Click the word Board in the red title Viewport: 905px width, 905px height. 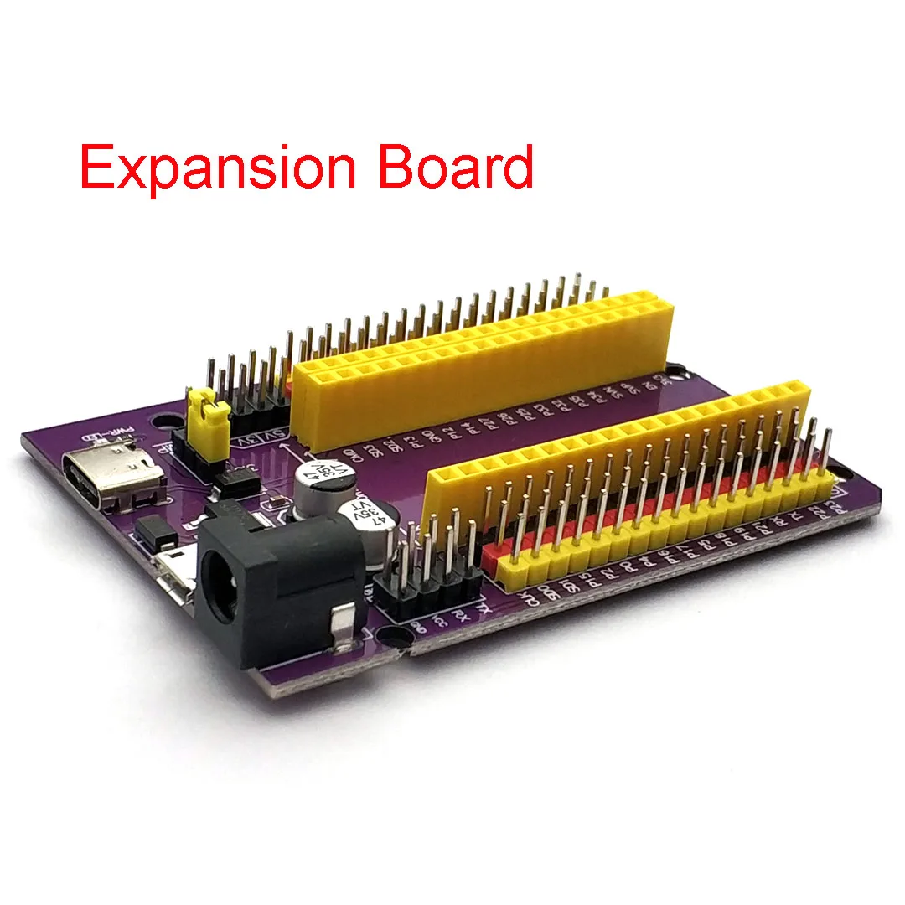click(456, 167)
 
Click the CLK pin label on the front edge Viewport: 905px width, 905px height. click(525, 597)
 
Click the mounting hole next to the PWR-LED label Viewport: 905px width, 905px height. click(158, 416)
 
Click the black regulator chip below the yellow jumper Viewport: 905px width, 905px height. click(234, 479)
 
